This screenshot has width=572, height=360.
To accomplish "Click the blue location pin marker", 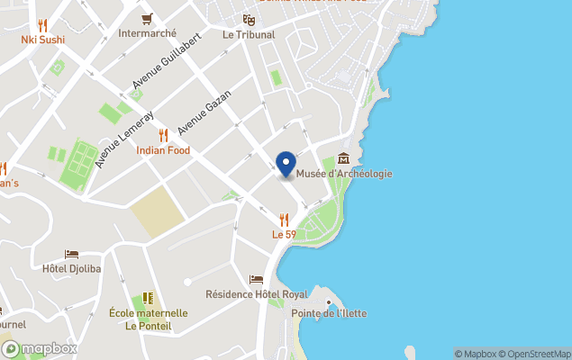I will (286, 165).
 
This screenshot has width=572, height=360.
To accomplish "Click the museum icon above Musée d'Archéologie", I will (342, 159).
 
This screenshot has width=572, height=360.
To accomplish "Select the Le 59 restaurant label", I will (284, 234).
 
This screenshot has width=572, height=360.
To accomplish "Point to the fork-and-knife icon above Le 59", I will (284, 219).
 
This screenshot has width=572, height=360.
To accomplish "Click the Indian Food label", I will (163, 150).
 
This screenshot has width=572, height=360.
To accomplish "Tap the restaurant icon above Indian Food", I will (163, 135).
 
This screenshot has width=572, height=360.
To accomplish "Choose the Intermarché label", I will (147, 34).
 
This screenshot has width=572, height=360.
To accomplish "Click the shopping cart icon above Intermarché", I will (147, 19).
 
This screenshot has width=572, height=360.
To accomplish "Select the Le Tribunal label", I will (249, 34).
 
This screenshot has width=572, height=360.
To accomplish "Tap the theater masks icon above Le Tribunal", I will (249, 19).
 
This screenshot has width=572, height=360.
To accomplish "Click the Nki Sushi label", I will (42, 39).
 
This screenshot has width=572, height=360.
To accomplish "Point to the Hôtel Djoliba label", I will (72, 268).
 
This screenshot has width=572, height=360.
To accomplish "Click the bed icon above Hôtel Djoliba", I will (72, 254).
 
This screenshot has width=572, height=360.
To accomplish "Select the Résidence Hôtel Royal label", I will (257, 293).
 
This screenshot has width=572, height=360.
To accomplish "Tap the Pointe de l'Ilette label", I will (329, 313).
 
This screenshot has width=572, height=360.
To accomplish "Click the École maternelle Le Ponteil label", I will (148, 319).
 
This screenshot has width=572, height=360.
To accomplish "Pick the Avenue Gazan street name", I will (204, 112).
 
